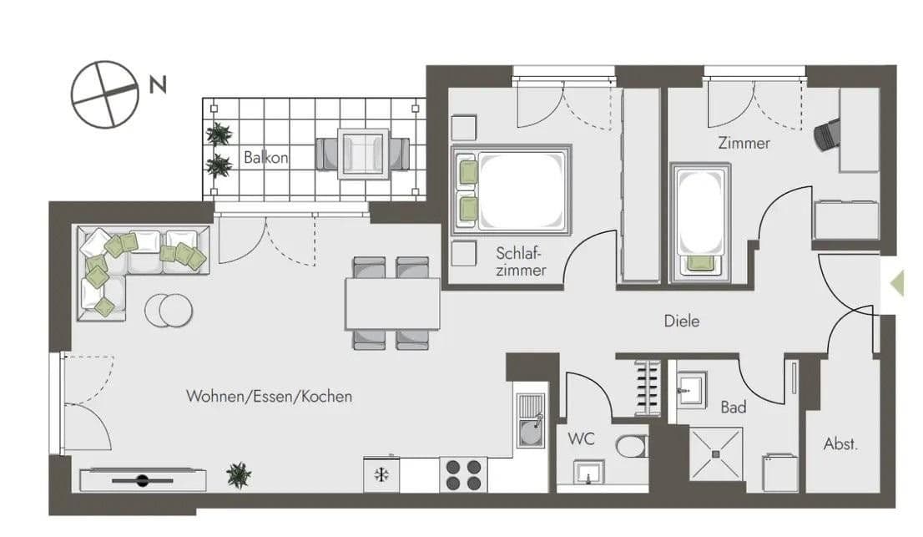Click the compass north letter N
157,84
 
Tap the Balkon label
265,157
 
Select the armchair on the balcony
363,153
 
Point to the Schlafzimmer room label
520,261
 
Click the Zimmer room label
744,144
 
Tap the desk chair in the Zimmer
827,134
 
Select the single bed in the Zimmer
699,221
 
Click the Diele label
681,321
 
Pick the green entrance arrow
896,283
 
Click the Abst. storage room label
840,444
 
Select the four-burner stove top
463,475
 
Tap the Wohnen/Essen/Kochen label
269,397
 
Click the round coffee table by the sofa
169,310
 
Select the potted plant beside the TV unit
239,475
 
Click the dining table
392,303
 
